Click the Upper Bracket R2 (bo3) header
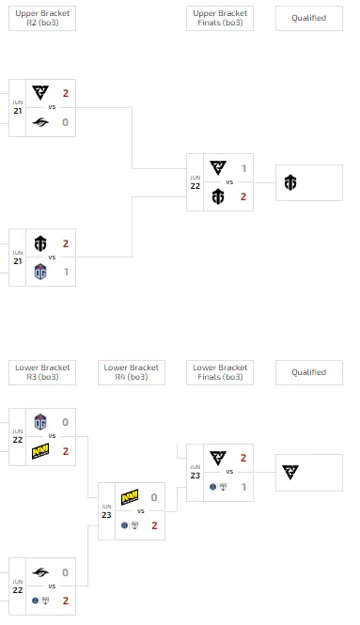tap(42, 18)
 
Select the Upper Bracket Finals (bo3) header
tap(220, 18)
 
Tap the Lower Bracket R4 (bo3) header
tap(132, 372)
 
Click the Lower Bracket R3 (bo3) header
tap(42, 372)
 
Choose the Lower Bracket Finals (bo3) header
tap(220, 372)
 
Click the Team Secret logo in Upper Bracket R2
tap(40, 122)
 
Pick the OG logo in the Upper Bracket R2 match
tap(40, 272)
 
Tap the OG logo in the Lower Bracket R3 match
tap(40, 422)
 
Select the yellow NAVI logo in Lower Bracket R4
tap(130, 497)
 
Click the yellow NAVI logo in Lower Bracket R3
tap(40, 451)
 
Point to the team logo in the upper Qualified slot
tap(290, 182)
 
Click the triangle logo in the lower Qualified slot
tap(290, 472)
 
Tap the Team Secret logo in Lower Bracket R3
tap(40, 572)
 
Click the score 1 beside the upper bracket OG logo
tap(66, 272)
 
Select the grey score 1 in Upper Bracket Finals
tap(243, 168)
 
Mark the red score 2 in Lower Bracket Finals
tap(243, 458)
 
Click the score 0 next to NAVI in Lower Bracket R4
tap(154, 497)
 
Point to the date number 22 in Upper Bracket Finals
tap(195, 186)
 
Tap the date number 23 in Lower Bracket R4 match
tap(106, 515)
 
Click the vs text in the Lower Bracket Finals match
tap(229, 472)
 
